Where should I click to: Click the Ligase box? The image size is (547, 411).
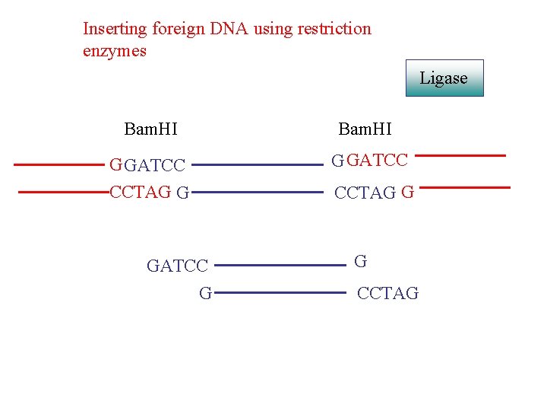444,78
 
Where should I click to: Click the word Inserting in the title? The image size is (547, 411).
115,30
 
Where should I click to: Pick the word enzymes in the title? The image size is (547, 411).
115,52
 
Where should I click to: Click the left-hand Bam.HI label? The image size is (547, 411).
150,129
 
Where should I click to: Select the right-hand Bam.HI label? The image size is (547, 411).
365,129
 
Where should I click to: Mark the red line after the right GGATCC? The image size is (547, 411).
461,155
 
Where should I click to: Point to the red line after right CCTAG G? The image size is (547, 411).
465,186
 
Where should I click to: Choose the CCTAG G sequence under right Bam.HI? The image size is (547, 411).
374,193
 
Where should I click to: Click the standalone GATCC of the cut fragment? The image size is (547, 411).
177,266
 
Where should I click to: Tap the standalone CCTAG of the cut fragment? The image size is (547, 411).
387,294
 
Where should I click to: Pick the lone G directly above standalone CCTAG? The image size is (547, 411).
361,262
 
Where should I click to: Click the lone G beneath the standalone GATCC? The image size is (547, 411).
205,293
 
